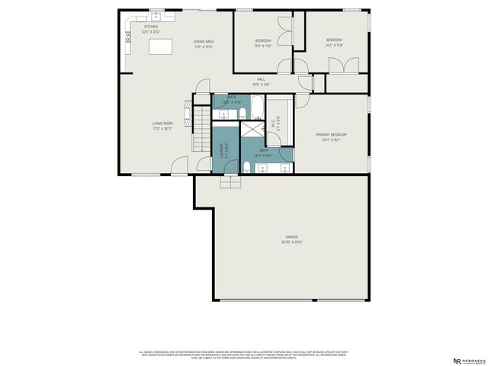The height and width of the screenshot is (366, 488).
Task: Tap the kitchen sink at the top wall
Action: tap(156, 16)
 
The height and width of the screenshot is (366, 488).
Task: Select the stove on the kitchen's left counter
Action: tap(128, 36)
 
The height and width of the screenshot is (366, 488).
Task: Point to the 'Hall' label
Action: tap(261, 80)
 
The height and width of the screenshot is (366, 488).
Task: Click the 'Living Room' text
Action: tap(162, 124)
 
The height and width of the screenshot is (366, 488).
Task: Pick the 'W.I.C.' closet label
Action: tap(274, 121)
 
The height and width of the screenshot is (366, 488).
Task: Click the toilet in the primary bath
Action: tap(249, 167)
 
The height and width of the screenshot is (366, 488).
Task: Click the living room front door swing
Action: tap(180, 164)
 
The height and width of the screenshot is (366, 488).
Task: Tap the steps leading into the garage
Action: tap(230, 181)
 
